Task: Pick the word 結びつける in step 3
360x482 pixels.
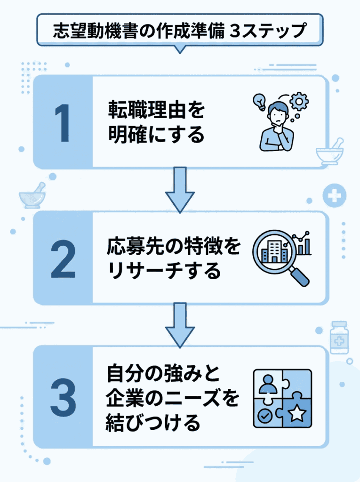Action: [x=154, y=423]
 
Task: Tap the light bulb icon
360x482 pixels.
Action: [x=259, y=100]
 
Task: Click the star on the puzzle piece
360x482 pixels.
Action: [x=297, y=414]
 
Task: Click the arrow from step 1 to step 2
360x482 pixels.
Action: [x=179, y=188]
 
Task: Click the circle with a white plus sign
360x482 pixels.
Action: [x=335, y=194]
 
